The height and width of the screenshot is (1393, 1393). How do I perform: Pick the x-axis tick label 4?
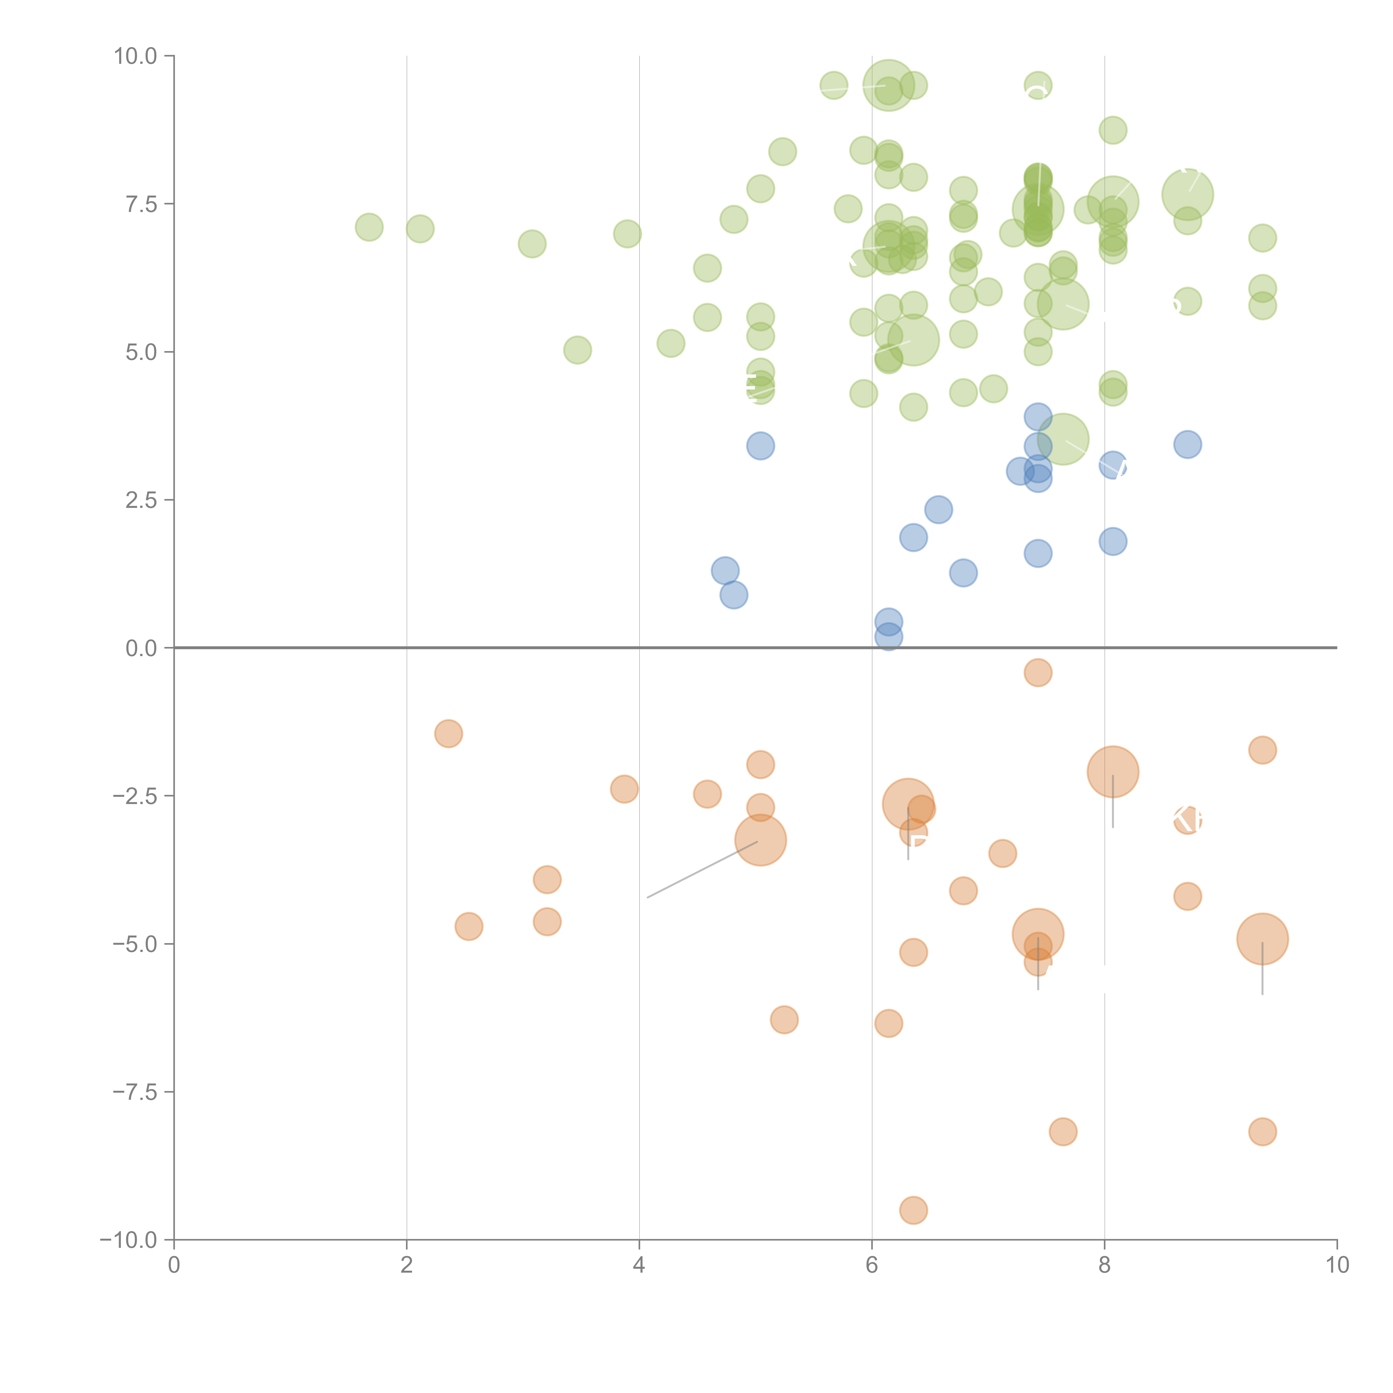(x=639, y=1265)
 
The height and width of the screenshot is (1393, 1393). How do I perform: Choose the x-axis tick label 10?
(x=1337, y=1265)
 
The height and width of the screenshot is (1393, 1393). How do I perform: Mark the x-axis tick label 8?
(x=1105, y=1265)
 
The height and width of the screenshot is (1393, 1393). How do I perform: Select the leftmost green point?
(x=369, y=228)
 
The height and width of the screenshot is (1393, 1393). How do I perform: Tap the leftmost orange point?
(x=449, y=734)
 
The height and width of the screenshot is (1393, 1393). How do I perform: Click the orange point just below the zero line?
(x=1038, y=673)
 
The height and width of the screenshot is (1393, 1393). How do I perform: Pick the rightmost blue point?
(x=1187, y=445)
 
